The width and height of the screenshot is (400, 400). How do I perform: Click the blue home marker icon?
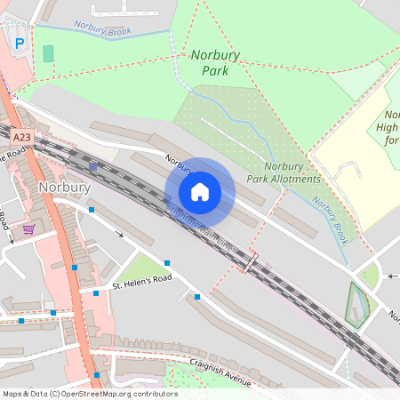pyautogui.click(x=200, y=192)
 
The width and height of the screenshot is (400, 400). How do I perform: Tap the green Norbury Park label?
pyautogui.click(x=215, y=61)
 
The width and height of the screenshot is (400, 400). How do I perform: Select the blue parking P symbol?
pyautogui.click(x=20, y=43)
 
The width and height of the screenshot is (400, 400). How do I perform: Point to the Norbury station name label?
pyautogui.click(x=64, y=188)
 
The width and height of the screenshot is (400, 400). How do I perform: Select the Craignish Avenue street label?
pyautogui.click(x=210, y=371)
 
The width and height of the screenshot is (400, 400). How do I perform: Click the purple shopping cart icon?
pyautogui.click(x=28, y=228)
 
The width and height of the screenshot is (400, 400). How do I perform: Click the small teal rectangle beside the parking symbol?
pyautogui.click(x=48, y=53)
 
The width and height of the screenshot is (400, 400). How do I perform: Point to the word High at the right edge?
pyautogui.click(x=388, y=128)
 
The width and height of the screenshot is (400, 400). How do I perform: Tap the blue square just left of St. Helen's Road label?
pyautogui.click(x=96, y=292)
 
